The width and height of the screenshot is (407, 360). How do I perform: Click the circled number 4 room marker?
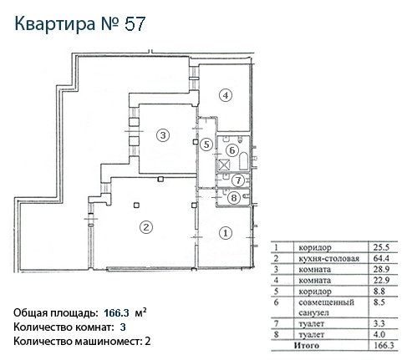point(226,95)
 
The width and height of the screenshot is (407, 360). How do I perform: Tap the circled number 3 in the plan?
point(163,135)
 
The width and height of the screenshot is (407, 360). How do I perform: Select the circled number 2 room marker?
point(146,227)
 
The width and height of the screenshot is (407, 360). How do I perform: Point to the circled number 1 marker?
point(226,233)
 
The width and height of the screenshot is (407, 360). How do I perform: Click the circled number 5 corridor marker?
point(206,145)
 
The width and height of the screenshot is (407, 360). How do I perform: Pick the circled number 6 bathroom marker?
point(232,150)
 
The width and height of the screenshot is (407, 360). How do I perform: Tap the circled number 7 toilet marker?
point(238,180)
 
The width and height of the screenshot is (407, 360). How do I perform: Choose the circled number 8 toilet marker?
point(234,198)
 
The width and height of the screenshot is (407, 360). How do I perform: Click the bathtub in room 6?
point(243,161)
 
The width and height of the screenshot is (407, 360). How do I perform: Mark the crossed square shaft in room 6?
point(223,165)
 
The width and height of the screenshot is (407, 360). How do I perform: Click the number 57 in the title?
point(135,24)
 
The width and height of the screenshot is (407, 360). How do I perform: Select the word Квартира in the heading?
point(55,24)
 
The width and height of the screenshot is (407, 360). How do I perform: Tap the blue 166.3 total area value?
point(116,313)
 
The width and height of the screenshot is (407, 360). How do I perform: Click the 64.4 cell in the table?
point(381,258)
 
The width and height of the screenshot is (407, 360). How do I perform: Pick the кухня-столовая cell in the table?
point(328,259)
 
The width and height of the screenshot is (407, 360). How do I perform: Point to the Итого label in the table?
point(307,346)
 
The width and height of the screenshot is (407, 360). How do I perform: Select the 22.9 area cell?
point(381,280)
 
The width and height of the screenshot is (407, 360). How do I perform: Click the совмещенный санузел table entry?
point(326,307)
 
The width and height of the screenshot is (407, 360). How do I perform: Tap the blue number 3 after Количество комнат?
point(123,327)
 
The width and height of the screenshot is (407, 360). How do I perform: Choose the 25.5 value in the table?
point(381,247)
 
